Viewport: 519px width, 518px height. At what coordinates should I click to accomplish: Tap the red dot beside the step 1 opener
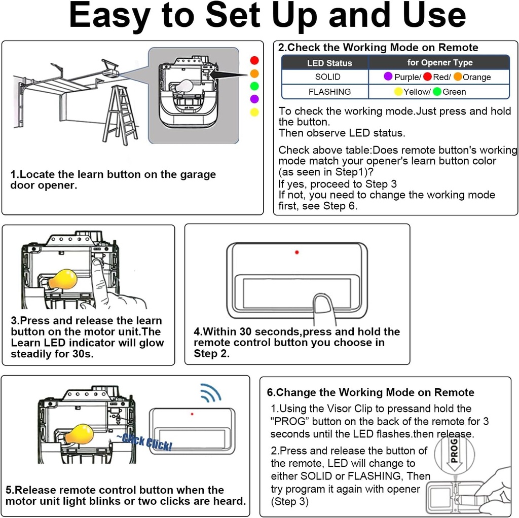tap(254, 60)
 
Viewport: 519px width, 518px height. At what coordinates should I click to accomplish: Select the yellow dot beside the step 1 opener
tap(254, 112)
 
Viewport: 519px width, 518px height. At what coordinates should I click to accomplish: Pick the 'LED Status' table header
tap(329, 63)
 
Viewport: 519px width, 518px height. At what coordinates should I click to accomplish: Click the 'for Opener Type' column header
tap(439, 63)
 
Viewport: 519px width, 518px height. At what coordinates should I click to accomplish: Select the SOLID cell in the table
tap(327, 77)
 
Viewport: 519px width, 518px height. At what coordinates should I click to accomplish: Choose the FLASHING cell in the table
tap(329, 92)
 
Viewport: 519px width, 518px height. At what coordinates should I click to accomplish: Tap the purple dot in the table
tap(388, 77)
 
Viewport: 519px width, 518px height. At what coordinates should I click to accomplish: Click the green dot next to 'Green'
tap(437, 92)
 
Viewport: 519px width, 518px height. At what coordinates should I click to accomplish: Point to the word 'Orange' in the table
tap(476, 78)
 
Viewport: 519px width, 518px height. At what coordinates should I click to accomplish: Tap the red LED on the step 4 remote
tap(297, 252)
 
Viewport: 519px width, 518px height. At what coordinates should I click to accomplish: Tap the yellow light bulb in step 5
tap(80, 435)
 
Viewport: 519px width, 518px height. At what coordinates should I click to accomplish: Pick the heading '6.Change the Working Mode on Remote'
tap(370, 393)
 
